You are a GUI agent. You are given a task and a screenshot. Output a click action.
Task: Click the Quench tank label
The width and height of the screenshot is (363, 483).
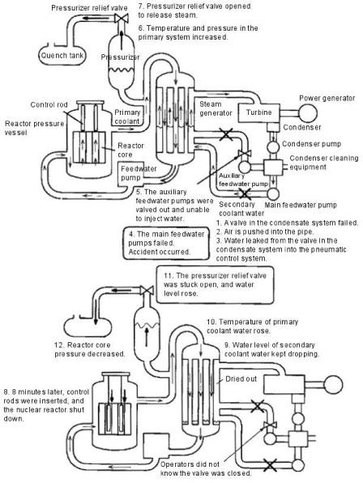pos(62,56)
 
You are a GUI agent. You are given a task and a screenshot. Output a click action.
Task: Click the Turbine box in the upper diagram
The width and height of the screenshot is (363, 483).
pos(258,112)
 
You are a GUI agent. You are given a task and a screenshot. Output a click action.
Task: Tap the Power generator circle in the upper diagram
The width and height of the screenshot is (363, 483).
pos(307,113)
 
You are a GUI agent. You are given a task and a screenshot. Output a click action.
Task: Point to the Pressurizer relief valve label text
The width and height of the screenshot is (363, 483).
pos(89,8)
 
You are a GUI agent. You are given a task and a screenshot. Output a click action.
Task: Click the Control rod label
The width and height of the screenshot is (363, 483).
pos(49,104)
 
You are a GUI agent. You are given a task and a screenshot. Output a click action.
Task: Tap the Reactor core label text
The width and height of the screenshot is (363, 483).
pos(130,150)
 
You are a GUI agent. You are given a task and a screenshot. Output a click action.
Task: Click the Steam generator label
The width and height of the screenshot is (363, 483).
pos(216,108)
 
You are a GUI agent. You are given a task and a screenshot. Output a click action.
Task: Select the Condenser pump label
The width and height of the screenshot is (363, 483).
pos(311,144)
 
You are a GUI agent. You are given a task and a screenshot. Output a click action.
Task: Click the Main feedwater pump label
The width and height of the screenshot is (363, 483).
pos(301,205)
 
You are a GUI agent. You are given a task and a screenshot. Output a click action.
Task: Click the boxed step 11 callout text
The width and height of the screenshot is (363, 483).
pos(215,284)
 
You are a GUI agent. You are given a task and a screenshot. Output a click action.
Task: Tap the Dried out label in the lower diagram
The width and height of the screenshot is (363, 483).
pos(241,379)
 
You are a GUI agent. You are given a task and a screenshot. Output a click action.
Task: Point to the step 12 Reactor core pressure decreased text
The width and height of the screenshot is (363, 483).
pos(90,350)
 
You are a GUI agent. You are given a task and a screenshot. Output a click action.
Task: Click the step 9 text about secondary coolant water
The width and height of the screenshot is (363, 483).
pos(271,350)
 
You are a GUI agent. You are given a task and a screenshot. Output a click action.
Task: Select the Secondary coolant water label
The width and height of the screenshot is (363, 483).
pos(241,209)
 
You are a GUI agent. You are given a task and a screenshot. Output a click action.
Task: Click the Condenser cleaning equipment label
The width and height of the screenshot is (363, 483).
pos(324,163)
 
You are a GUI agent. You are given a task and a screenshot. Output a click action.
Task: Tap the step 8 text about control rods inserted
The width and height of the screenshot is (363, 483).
pos(46,405)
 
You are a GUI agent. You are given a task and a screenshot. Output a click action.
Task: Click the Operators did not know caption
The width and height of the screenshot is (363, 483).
pos(206,468)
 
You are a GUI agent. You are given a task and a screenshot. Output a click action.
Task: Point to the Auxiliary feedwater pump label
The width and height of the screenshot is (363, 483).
pos(244,180)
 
